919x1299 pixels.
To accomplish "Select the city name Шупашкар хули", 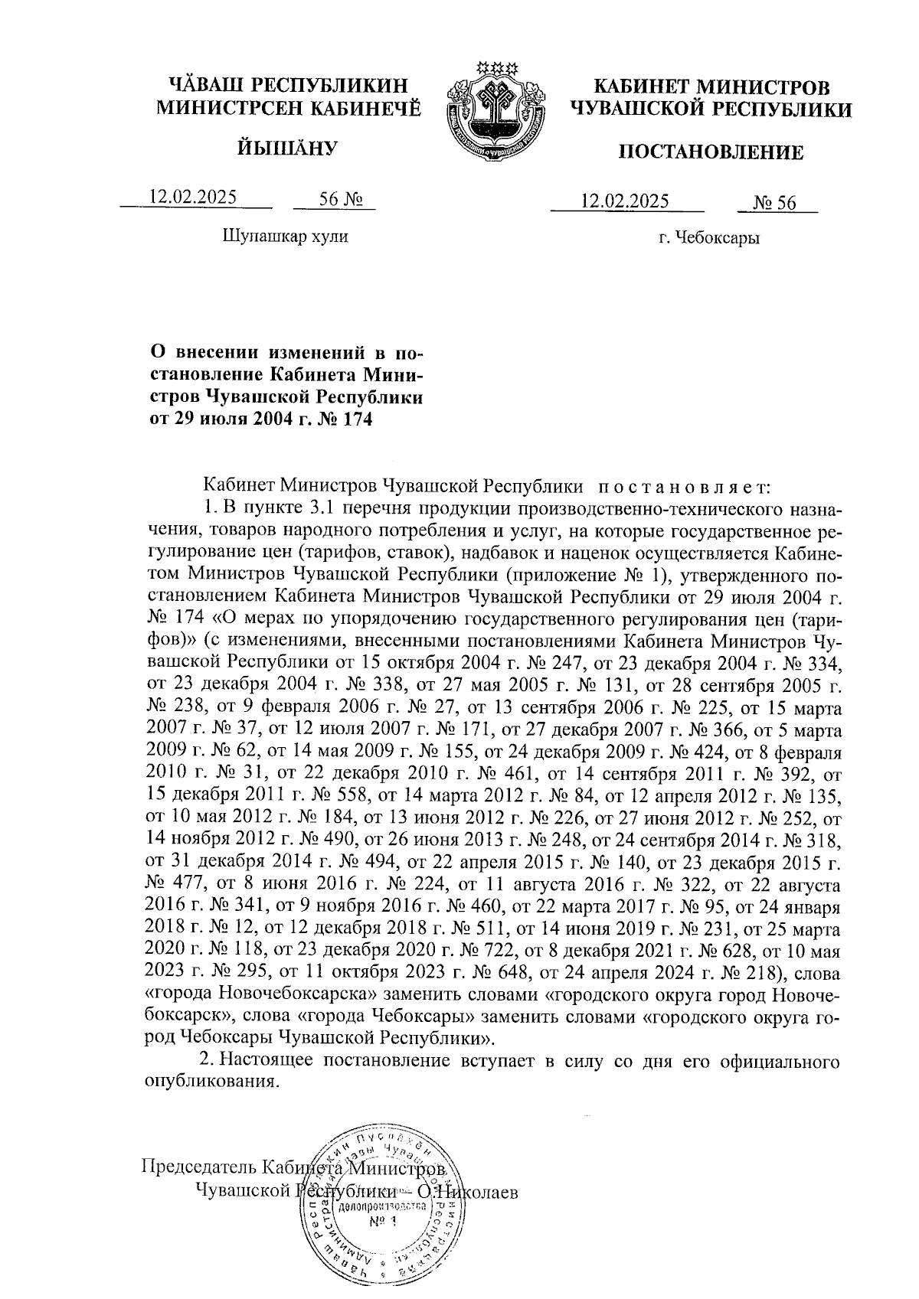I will (x=285, y=237).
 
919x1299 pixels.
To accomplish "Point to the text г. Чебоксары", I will (x=709, y=239).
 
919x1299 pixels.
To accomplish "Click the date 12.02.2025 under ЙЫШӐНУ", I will (x=193, y=197).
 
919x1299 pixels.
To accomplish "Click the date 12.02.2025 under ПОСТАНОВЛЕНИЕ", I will (x=625, y=201).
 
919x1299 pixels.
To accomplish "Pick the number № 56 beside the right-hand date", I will (x=775, y=203).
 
